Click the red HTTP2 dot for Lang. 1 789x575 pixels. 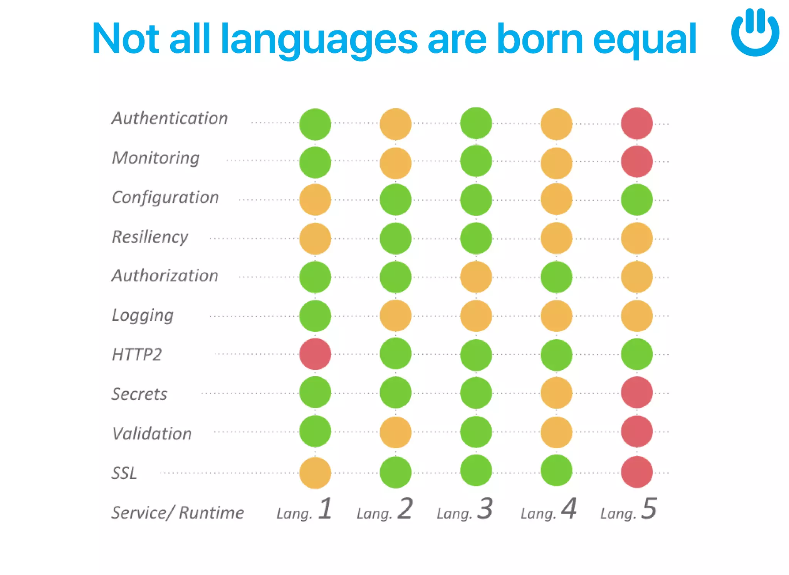[315, 354]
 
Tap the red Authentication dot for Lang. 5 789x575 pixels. [637, 123]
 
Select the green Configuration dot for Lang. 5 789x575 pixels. [637, 199]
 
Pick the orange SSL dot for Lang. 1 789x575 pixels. [315, 473]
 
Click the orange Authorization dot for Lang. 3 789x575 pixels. [476, 277]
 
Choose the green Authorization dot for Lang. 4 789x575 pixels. [556, 277]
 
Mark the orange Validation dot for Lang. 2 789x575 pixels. [396, 432]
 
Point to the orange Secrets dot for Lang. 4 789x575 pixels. [556, 393]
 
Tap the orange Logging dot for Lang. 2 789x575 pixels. [396, 316]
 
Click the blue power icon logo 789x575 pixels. [755, 33]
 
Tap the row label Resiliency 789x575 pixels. [150, 236]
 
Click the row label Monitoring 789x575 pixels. [156, 158]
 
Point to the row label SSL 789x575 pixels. [124, 473]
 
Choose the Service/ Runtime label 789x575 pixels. [178, 513]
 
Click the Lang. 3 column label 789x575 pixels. [465, 510]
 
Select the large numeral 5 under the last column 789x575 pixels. [649, 508]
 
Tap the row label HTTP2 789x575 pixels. [137, 354]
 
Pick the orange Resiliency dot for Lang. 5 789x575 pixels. [637, 238]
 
